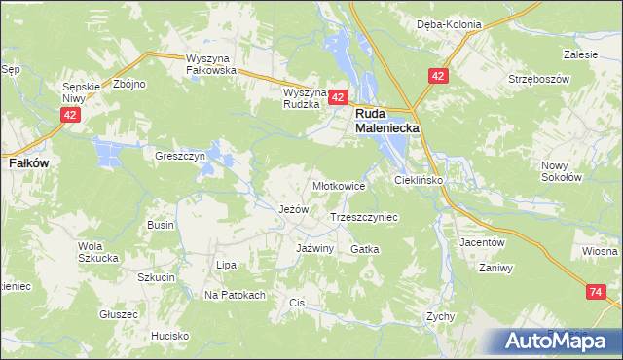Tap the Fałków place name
(x=22, y=164)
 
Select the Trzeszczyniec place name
(x=365, y=218)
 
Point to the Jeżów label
(x=293, y=209)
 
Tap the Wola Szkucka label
(x=97, y=252)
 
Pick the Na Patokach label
(x=235, y=295)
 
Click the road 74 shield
(x=597, y=292)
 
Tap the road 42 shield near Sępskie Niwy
(x=69, y=115)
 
